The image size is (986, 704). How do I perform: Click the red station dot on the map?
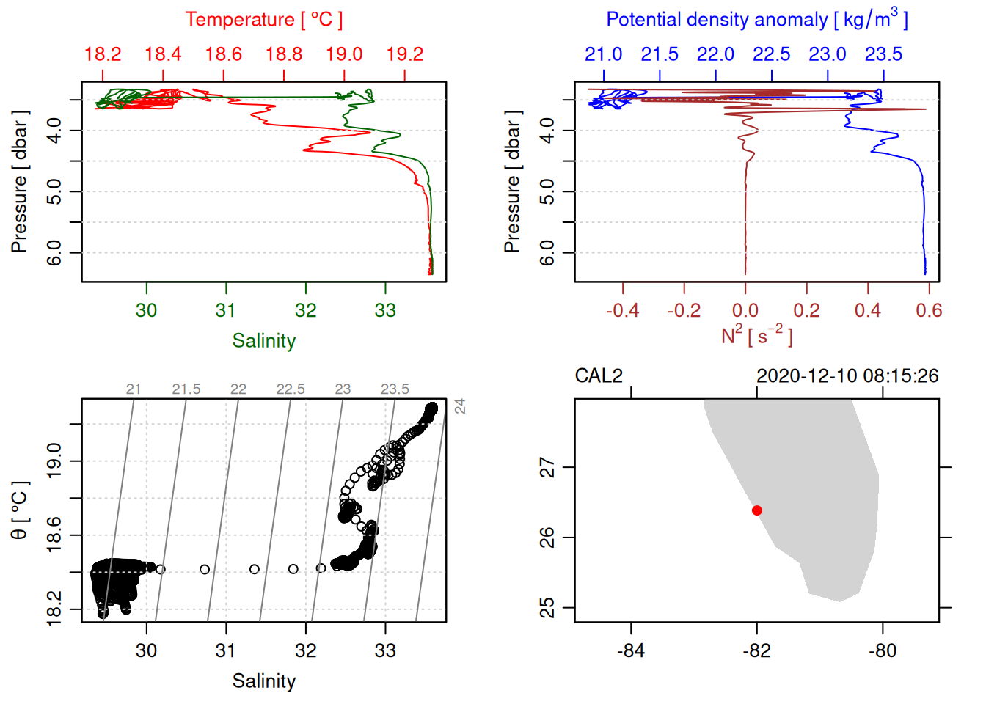coord(757,510)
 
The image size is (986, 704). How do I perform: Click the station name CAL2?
coord(599,376)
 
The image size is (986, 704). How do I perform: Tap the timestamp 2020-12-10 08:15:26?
coord(847,376)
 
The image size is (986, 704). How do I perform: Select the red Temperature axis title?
coord(263,20)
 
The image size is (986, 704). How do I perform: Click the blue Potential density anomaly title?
coord(756,20)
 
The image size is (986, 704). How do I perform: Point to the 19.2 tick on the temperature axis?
coord(405,54)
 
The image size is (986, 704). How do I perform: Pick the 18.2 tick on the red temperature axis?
coord(103,54)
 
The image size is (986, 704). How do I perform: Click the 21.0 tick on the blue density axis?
coord(603,54)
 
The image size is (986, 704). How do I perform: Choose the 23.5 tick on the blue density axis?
coord(883,54)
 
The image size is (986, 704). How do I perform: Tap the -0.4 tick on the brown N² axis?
coord(623,310)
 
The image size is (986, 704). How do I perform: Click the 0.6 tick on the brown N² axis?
coord(929,310)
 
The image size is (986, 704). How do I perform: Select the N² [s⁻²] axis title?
coord(756,335)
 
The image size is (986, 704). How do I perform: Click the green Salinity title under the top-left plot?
coord(263,341)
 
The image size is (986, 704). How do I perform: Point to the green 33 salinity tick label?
coord(385,310)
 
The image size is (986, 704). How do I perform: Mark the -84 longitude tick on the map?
coord(631,650)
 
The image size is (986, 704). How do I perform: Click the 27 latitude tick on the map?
coord(547,467)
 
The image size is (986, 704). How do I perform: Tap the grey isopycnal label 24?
coord(460,406)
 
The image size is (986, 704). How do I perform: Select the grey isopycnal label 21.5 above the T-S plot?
coord(186,389)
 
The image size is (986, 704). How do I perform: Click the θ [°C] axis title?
coord(19,510)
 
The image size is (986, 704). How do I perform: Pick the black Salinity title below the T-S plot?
coord(263,681)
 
